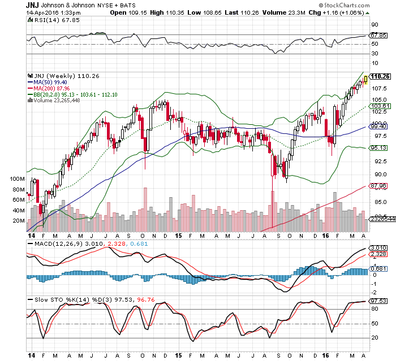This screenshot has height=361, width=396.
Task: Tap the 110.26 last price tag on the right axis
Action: [x=381, y=77]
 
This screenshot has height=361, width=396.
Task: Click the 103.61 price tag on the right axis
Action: [x=378, y=106]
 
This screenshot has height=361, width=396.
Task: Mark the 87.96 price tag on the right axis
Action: [x=378, y=186]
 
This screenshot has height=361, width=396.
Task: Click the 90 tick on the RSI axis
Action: [x=375, y=25]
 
